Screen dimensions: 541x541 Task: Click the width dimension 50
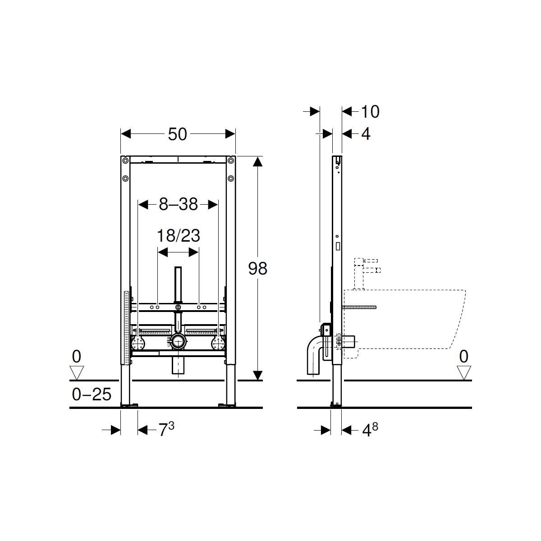pyautogui.click(x=178, y=134)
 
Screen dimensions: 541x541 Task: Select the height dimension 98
pyautogui.click(x=258, y=268)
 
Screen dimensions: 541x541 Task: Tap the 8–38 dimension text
pyautogui.click(x=178, y=204)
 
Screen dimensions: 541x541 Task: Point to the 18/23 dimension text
pyautogui.click(x=178, y=235)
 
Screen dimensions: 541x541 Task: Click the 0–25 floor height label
pyautogui.click(x=92, y=394)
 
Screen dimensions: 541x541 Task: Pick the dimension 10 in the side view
pyautogui.click(x=370, y=112)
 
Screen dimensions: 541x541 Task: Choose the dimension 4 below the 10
pyautogui.click(x=366, y=134)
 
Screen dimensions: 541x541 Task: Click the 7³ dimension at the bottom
pyautogui.click(x=166, y=429)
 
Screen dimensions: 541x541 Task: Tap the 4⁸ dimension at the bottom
pyautogui.click(x=370, y=430)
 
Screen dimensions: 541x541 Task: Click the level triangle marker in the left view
pyautogui.click(x=77, y=372)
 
